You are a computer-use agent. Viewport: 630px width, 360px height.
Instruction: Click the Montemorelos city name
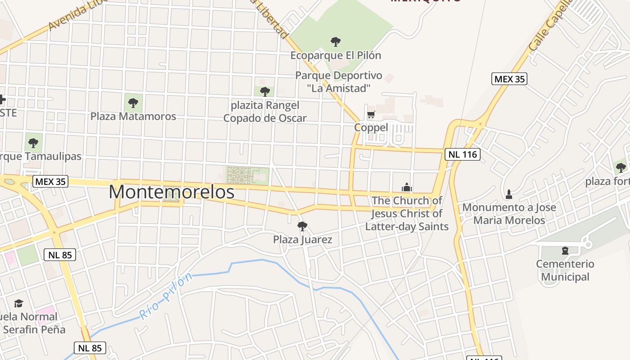click(171, 192)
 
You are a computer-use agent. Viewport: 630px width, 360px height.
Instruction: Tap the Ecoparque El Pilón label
click(336, 55)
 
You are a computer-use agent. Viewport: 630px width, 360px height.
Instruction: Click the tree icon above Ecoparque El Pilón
click(335, 42)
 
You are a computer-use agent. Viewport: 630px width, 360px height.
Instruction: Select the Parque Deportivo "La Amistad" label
click(339, 82)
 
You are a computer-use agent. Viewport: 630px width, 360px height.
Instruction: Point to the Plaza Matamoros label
click(133, 116)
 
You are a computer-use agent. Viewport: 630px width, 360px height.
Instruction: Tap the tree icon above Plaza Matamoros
click(133, 103)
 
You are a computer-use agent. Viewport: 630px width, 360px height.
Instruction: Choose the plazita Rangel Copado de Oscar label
click(265, 112)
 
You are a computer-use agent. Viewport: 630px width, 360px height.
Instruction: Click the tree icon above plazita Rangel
click(265, 91)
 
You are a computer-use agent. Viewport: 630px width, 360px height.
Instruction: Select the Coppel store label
click(371, 127)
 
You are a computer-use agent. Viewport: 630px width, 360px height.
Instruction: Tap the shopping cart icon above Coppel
click(371, 114)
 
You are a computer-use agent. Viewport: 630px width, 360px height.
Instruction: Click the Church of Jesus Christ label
click(407, 213)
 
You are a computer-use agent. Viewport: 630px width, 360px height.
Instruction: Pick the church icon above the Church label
click(407, 187)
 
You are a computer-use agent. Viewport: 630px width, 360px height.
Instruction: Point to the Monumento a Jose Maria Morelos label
click(509, 214)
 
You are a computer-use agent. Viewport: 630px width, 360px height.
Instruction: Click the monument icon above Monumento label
click(509, 194)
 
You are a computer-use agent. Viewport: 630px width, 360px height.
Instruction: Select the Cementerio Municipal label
click(565, 270)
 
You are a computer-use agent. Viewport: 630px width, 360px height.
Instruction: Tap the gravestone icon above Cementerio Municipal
click(565, 250)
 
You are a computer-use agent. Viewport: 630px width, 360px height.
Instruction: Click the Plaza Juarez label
click(302, 239)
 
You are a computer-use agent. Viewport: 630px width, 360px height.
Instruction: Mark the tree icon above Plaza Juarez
click(302, 226)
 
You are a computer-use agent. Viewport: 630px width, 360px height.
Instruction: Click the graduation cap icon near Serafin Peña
click(18, 303)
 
